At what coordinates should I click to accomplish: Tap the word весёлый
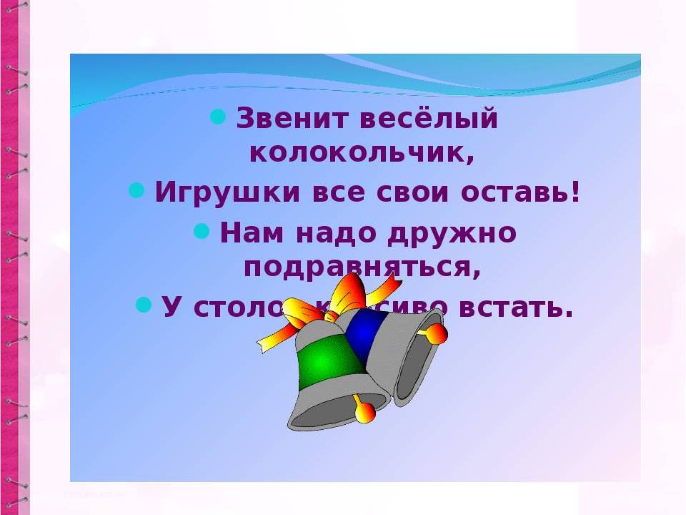428,119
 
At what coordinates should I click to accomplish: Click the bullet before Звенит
219,114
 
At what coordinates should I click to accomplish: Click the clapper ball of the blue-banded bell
436,334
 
